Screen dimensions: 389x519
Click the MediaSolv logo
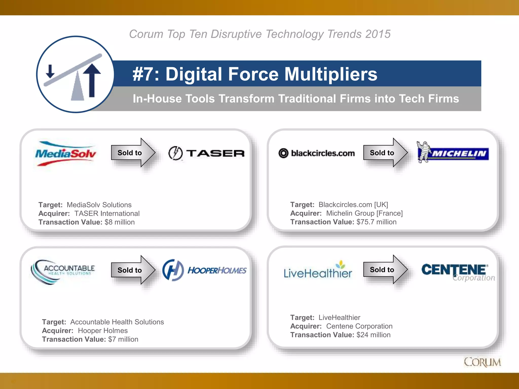point(66,153)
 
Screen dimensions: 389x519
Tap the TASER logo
point(207,153)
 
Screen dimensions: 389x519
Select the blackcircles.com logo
point(317,153)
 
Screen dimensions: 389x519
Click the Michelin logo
point(453,152)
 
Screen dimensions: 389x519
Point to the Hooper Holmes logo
point(204,270)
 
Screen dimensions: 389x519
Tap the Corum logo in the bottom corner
point(482,362)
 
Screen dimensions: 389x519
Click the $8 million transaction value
point(120,222)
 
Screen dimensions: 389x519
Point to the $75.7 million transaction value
point(376,222)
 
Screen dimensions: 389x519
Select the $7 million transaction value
point(123,339)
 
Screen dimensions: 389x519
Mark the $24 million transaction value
point(373,335)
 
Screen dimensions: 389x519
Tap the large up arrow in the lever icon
point(92,80)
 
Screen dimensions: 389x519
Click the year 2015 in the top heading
point(378,34)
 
